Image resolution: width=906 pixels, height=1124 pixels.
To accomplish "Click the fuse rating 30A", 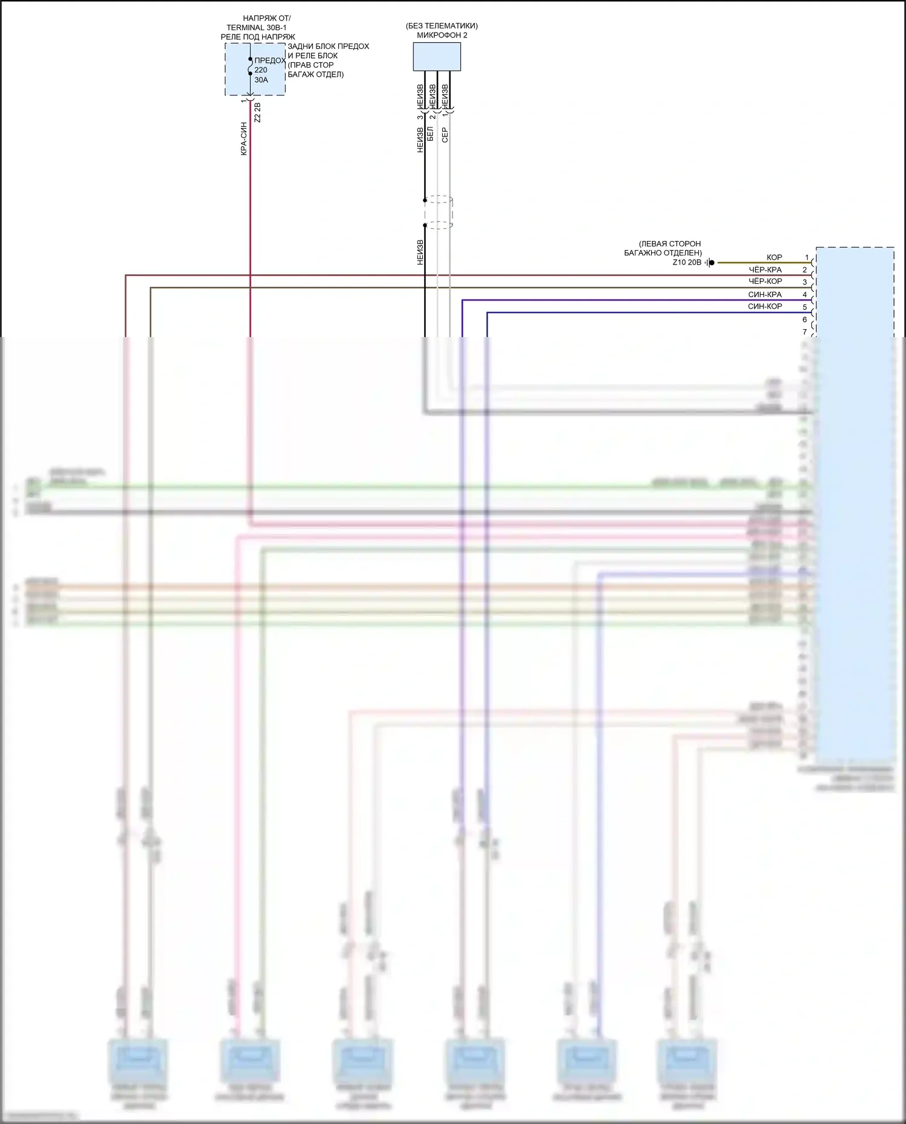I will click(261, 80).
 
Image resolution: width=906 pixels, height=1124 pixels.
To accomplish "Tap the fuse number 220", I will click(260, 70).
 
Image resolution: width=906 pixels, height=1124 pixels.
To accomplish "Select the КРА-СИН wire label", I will click(244, 139).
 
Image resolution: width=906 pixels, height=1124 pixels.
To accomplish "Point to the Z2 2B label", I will click(258, 113).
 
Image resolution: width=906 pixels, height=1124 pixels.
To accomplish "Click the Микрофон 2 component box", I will click(437, 57).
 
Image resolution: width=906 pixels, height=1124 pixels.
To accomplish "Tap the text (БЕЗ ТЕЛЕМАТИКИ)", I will click(442, 26).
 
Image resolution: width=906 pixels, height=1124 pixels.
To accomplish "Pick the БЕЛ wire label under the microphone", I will click(431, 134).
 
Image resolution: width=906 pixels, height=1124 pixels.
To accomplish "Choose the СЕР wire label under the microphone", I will click(445, 135).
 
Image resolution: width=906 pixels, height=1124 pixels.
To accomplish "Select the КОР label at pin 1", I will click(774, 258).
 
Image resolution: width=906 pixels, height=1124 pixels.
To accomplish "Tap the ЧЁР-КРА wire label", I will click(765, 270).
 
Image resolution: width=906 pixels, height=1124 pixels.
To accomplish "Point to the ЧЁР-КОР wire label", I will click(765, 281).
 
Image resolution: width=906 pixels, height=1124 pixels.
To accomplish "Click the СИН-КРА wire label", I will click(765, 295).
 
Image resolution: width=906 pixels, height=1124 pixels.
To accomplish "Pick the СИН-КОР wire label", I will click(765, 307).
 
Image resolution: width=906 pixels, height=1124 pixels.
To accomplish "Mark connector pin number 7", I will click(805, 332).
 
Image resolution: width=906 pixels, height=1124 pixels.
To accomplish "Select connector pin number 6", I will click(805, 320).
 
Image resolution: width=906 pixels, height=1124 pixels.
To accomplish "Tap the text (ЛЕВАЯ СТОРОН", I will click(670, 244).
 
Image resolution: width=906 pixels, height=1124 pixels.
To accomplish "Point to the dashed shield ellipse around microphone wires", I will click(439, 213).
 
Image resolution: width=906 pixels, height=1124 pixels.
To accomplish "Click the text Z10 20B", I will click(687, 263).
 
